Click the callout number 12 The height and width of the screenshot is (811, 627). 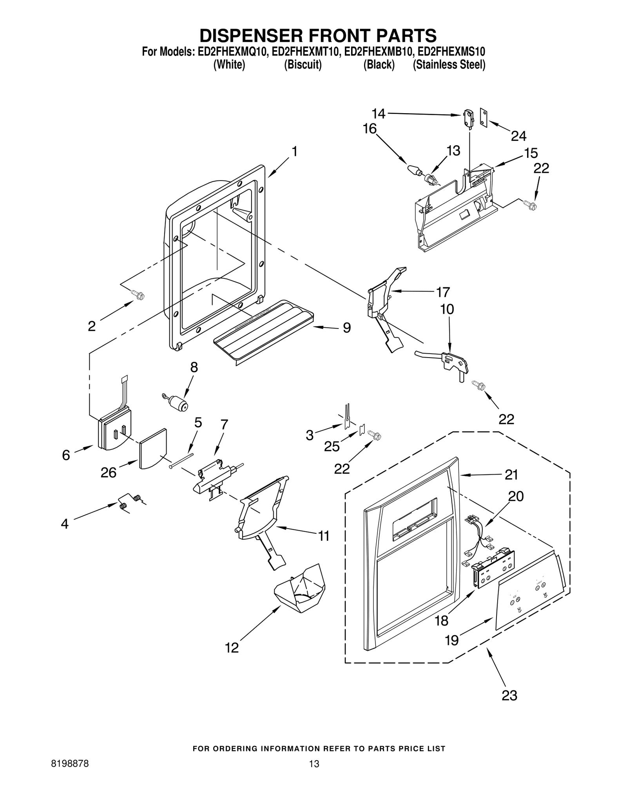point(232,648)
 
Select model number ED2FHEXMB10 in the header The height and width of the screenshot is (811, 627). point(378,52)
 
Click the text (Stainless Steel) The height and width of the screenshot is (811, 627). point(449,65)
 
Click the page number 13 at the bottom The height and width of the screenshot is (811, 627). point(314,775)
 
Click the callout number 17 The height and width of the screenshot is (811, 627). point(443,292)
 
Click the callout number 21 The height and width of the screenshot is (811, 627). point(511,475)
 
